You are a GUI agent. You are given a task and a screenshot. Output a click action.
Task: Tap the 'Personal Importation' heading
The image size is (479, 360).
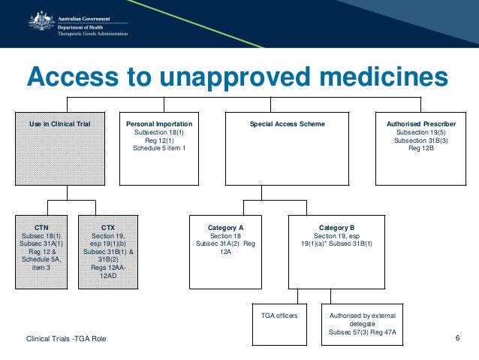[159, 124]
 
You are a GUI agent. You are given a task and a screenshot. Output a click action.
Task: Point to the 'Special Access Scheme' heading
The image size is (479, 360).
[287, 124]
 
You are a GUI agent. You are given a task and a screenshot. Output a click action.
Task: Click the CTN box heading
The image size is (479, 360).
[41, 226]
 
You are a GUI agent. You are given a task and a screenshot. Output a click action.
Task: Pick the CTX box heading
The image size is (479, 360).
[108, 226]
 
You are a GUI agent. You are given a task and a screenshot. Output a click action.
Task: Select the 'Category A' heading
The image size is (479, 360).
[225, 226]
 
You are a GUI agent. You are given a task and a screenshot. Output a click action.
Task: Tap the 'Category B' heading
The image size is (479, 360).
[336, 226]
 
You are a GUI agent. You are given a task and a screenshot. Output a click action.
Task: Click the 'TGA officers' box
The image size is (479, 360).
[279, 316]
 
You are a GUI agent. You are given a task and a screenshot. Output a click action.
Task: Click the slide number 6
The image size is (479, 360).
[457, 337]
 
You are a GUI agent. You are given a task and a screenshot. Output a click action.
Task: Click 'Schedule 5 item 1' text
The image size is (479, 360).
[159, 148]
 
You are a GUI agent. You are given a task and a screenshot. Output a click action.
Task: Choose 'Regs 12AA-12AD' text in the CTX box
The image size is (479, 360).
[108, 271]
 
